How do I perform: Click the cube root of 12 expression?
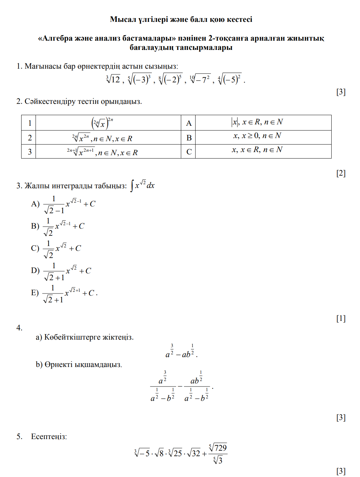pos(113,80)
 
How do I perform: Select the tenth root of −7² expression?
pos(200,80)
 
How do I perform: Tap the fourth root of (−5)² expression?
pos(230,80)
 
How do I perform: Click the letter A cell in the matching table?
pos(189,123)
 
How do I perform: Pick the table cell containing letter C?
pos(189,152)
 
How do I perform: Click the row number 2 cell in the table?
pos(30,138)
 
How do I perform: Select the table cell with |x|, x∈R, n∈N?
pos(257,122)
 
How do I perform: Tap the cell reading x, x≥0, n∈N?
pos(257,136)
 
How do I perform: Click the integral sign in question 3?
pos(132,186)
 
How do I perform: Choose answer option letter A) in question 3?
pos(35,204)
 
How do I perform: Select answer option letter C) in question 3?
pos(35,248)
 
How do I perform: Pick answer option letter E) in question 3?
pos(35,293)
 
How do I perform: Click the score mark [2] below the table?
pos(341,173)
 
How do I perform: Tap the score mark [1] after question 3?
pos(341,318)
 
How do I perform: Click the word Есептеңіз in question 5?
pos(49,437)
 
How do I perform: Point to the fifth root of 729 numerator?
pos(218,448)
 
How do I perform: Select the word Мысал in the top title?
pos(123,19)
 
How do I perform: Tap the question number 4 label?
pos(19,328)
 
